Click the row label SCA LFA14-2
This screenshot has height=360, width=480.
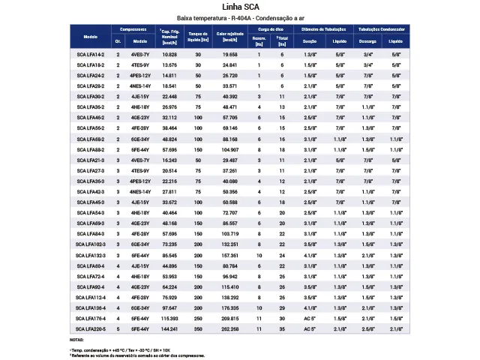(91, 55)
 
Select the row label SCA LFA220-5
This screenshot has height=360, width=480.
(91, 328)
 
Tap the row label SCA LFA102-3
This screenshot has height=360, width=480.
(91, 244)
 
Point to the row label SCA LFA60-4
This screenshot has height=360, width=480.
(91, 265)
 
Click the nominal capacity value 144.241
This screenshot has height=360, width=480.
(169, 328)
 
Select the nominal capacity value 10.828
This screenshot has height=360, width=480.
(169, 55)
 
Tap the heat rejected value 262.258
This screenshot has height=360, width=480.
(229, 328)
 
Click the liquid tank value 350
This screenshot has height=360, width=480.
(199, 328)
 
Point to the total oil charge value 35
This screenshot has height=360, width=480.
(282, 328)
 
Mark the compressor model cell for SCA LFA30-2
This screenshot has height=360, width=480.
(140, 97)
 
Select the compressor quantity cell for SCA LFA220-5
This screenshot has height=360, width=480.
(118, 328)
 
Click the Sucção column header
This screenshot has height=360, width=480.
(309, 41)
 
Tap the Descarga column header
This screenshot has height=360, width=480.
(367, 41)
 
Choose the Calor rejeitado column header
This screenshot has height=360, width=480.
(229, 37)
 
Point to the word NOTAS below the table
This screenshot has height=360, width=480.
(76, 340)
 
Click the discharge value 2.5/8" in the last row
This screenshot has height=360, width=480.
(367, 328)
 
